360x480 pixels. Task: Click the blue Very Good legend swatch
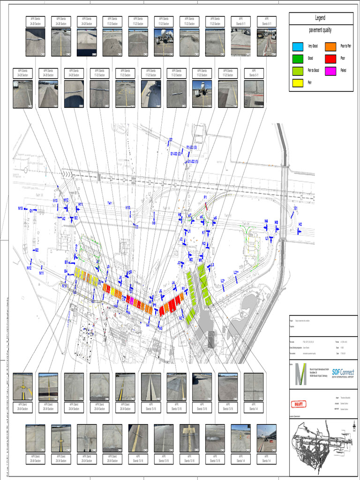(298, 46)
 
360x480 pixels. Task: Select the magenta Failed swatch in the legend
(330, 69)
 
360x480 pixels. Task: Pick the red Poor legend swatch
(330, 58)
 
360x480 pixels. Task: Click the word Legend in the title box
(320, 18)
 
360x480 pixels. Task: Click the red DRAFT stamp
(299, 404)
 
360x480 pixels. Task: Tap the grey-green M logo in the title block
(300, 374)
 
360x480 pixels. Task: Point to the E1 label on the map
(295, 208)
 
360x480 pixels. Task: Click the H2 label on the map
(300, 224)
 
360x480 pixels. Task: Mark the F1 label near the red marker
(205, 198)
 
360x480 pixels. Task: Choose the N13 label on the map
(21, 208)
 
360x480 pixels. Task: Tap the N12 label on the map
(29, 268)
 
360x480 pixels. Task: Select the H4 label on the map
(266, 221)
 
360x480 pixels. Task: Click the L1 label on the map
(267, 238)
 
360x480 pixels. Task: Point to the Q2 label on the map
(37, 250)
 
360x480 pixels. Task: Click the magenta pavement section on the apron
(132, 300)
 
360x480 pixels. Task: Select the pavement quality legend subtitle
(321, 30)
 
